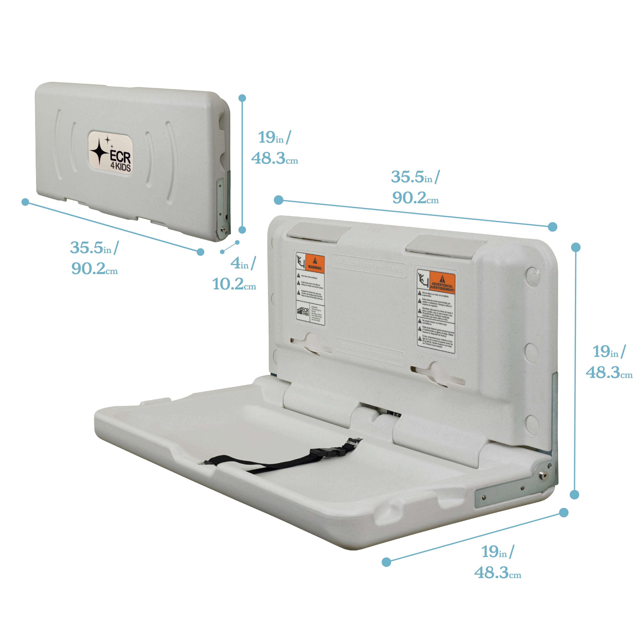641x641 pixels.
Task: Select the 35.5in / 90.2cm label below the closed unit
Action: pos(95,258)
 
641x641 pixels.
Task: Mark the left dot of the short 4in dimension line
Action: pos(222,252)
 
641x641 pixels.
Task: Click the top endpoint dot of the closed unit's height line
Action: pos(242,98)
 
